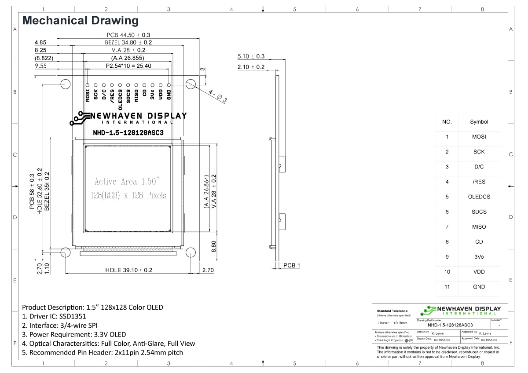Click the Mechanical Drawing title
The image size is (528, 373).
80,20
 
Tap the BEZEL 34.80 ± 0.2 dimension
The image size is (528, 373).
128,43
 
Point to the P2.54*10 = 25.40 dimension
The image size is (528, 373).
128,66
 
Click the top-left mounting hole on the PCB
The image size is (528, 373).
65,84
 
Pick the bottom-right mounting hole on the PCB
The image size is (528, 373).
191,252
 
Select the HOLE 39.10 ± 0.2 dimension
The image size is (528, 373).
128,270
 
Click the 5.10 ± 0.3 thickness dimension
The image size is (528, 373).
251,56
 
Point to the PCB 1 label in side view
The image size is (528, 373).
291,266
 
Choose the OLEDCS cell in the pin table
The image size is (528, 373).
479,197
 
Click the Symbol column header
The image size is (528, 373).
479,122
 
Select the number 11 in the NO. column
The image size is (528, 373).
447,287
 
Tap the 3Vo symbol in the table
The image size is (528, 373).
479,257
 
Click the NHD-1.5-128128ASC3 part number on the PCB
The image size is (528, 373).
128,132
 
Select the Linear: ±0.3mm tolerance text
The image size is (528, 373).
393,323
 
